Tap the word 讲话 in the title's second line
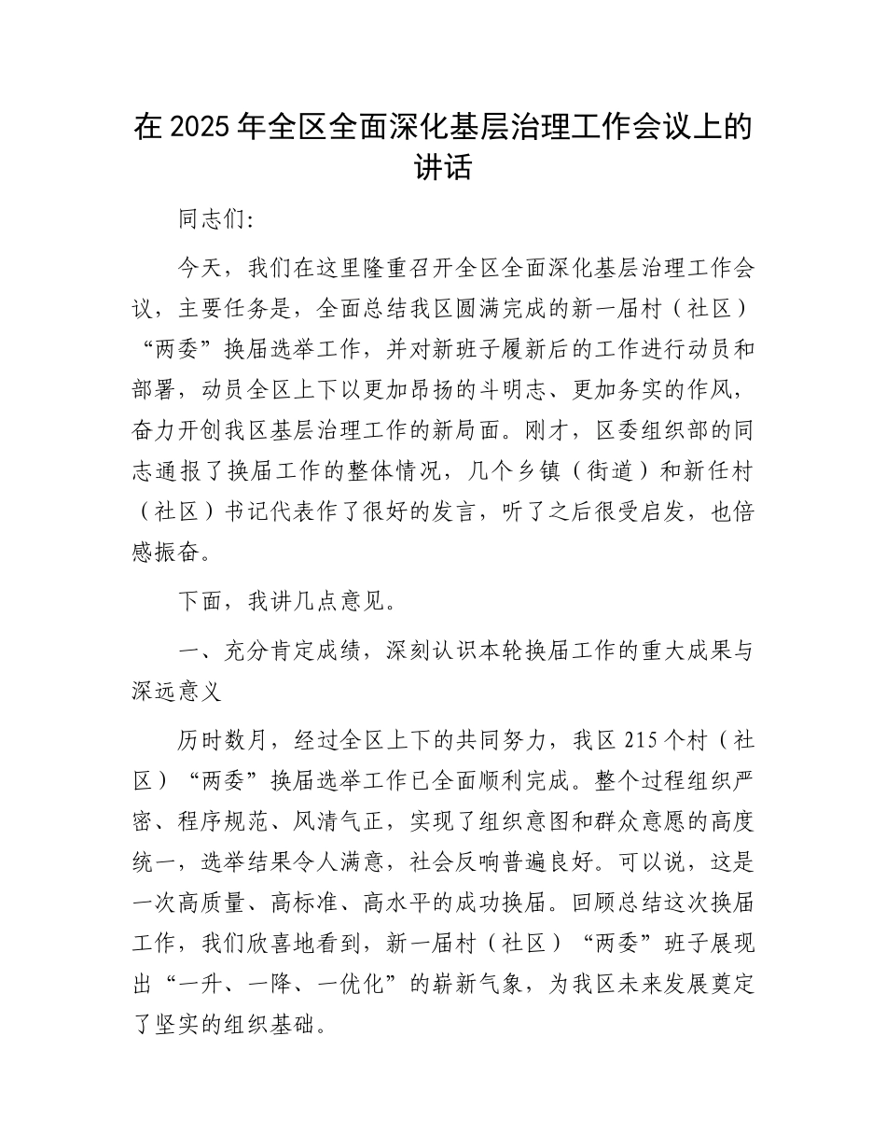(443, 168)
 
